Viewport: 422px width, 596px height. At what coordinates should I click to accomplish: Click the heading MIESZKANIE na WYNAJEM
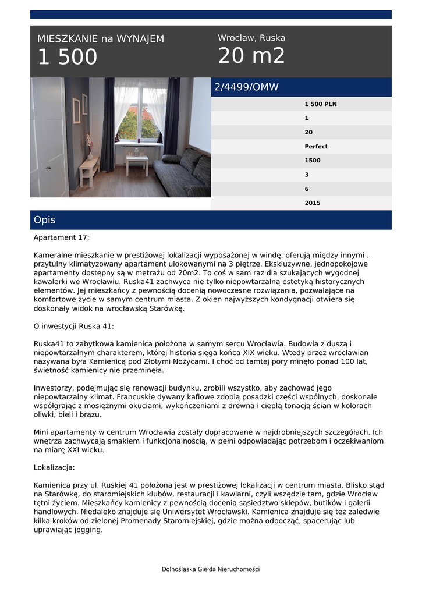pos(101,39)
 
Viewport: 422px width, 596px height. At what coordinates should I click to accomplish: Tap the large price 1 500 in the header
pos(68,57)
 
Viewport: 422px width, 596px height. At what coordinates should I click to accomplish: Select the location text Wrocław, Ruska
pos(251,38)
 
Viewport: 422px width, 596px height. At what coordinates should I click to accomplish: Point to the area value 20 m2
pos(251,56)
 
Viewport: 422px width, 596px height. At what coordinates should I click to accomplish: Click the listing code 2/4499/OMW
pos(247,87)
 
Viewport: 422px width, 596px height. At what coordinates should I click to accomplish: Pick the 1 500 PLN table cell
pos(321,104)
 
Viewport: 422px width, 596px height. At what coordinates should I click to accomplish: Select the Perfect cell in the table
pos(316,147)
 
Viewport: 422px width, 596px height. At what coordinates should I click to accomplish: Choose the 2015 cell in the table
pos(312,203)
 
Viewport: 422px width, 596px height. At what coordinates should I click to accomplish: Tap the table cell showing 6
pos(307,189)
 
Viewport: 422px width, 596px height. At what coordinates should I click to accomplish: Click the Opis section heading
pos(45,220)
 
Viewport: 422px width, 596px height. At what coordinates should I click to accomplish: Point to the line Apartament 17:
pos(62,237)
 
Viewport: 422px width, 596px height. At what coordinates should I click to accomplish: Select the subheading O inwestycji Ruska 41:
pos(74,327)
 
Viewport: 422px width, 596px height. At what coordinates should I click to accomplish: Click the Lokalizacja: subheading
pos(54,467)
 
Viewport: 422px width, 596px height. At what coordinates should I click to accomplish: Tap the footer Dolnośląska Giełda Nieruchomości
pos(211,569)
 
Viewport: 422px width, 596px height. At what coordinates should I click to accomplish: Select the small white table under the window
pos(137,163)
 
